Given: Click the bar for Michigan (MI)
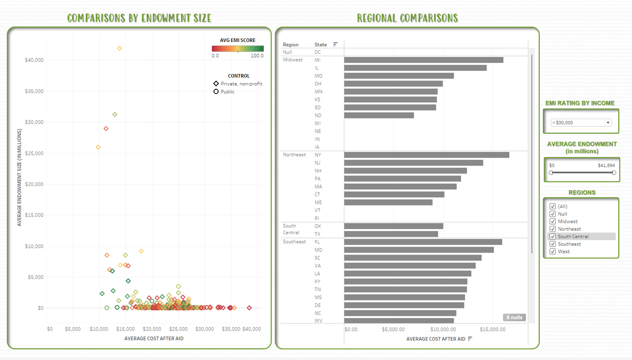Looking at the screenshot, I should click(423, 60).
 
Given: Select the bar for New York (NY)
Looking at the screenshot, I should click(426, 155).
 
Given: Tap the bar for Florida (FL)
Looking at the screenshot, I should click(423, 242).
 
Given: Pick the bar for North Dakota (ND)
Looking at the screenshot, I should click(379, 115).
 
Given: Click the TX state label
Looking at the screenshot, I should click(317, 234).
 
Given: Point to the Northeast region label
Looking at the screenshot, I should click(294, 155).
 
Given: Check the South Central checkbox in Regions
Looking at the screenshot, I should click(552, 236).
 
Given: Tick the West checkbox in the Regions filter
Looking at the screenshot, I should click(552, 251).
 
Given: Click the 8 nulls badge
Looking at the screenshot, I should click(514, 317).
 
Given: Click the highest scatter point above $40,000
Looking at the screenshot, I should click(119, 48).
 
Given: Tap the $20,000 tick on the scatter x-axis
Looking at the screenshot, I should click(152, 329).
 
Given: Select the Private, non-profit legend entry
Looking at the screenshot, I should click(237, 84).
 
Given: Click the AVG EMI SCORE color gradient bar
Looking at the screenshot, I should click(237, 48).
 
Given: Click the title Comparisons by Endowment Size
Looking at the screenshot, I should click(139, 18).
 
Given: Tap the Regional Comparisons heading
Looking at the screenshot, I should click(407, 18).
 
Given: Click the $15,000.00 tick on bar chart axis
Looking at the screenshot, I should click(492, 329).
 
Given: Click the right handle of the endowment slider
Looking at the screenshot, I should click(614, 172).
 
